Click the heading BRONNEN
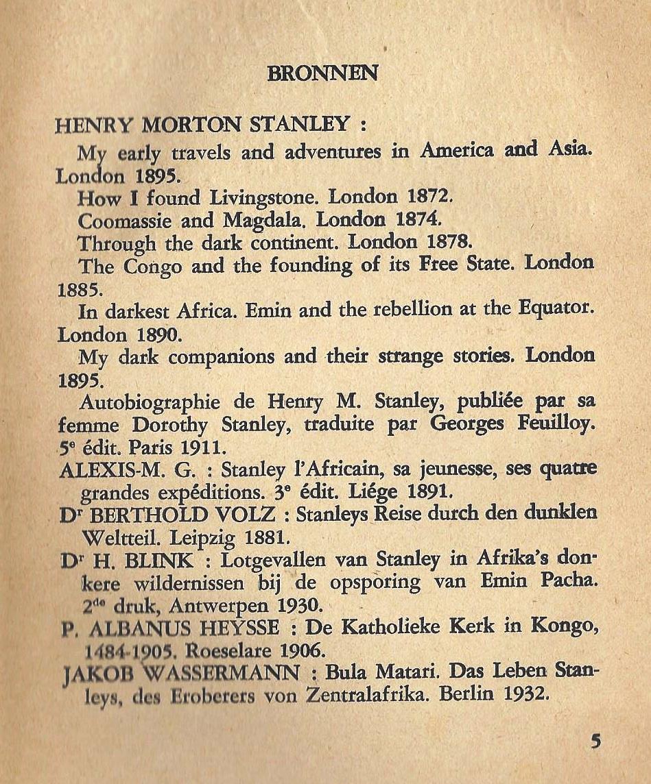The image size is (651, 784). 322,73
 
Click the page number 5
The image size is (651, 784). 595,742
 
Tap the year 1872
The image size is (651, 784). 430,197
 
